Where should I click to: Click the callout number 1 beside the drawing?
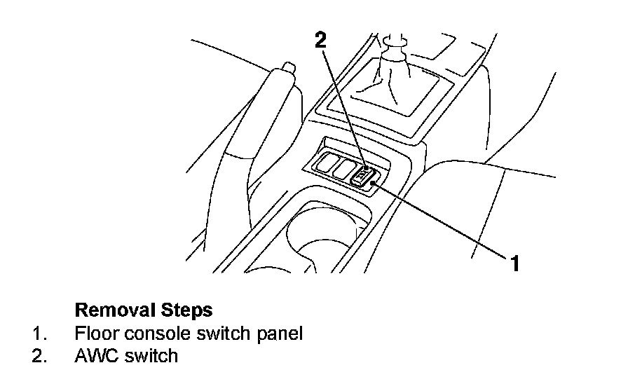pos(514,263)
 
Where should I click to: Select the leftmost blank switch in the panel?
pos(324,165)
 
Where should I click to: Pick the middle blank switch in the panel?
pos(343,169)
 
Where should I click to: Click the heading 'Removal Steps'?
pos(144,309)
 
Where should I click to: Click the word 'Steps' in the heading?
pos(189,309)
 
